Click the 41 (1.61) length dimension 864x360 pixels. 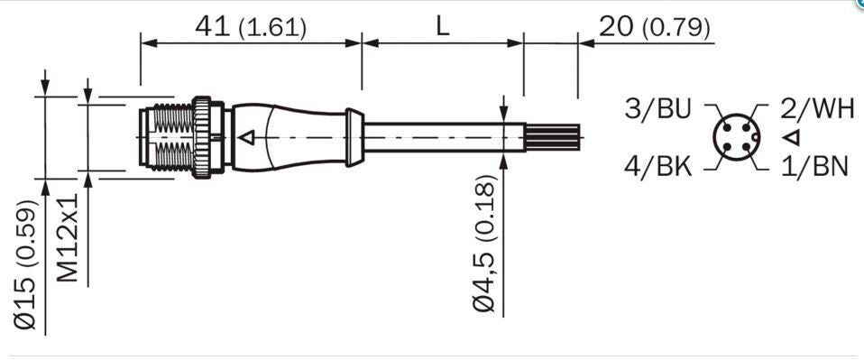point(251,28)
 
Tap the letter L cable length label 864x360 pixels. point(443,26)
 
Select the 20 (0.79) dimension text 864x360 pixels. point(655,28)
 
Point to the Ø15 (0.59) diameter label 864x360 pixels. point(25,265)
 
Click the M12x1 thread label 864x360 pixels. point(69,237)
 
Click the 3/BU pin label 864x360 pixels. point(657,109)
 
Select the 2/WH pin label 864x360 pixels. point(817,109)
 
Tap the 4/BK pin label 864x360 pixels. point(657,165)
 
